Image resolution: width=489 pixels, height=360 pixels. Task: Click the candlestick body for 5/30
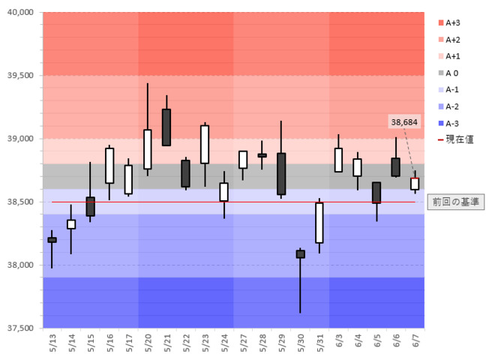pyautogui.click(x=301, y=254)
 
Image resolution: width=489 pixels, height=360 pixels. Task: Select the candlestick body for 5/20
pyautogui.click(x=148, y=149)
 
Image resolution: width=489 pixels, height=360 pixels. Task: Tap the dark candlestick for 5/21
pyautogui.click(x=166, y=127)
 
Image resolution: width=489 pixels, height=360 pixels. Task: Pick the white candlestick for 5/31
pyautogui.click(x=319, y=222)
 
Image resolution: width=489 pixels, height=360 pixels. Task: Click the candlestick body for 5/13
pyautogui.click(x=52, y=240)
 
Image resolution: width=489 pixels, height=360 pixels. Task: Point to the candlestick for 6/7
pyautogui.click(x=415, y=184)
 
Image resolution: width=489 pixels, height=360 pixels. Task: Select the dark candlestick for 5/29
pyautogui.click(x=281, y=174)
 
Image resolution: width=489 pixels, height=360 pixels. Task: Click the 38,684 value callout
pyautogui.click(x=404, y=121)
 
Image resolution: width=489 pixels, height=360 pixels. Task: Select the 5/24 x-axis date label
pyautogui.click(x=224, y=343)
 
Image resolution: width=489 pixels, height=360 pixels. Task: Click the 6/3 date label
pyautogui.click(x=339, y=343)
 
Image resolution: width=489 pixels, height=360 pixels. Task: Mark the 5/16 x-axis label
pyautogui.click(x=109, y=343)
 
